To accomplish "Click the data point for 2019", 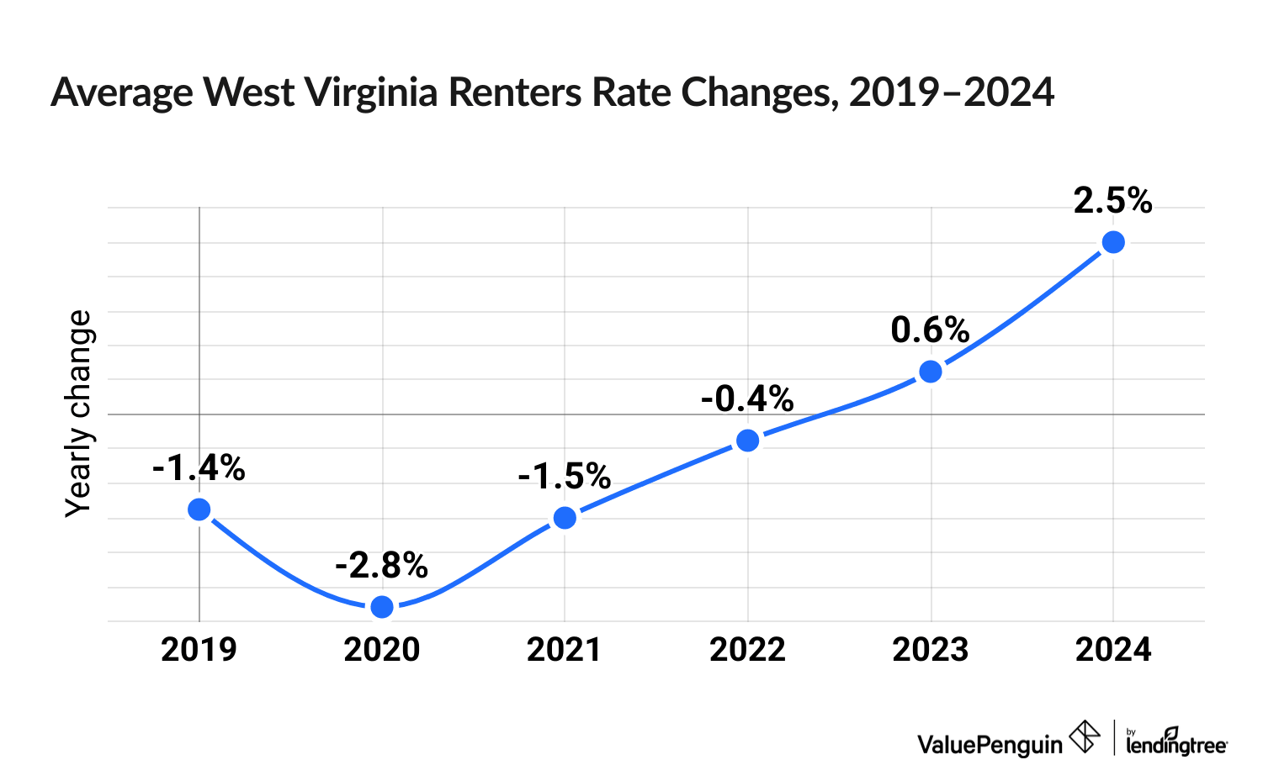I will coord(199,509).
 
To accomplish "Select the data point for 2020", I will coord(382,606).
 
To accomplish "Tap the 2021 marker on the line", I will coord(565,517).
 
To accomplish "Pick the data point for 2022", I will coord(747,441).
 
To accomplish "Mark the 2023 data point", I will coord(931,372).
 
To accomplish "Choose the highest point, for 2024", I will coord(1113,242).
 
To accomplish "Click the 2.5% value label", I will coord(1112,201).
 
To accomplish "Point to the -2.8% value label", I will coord(381,566).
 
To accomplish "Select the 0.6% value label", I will coord(930,330).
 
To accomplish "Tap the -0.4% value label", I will coord(746,399).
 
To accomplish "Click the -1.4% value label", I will coord(199,468).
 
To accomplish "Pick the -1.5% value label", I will coord(564,477).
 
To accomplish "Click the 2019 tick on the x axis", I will coord(199,650).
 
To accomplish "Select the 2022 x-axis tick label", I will coord(747,650).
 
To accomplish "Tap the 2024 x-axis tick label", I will coord(1113,650).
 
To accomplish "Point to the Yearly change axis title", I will coord(79,414).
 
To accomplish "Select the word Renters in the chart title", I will coord(515,92).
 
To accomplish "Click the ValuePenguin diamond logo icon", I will coord(1085,737).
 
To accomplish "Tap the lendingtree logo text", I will coord(1176,743).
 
